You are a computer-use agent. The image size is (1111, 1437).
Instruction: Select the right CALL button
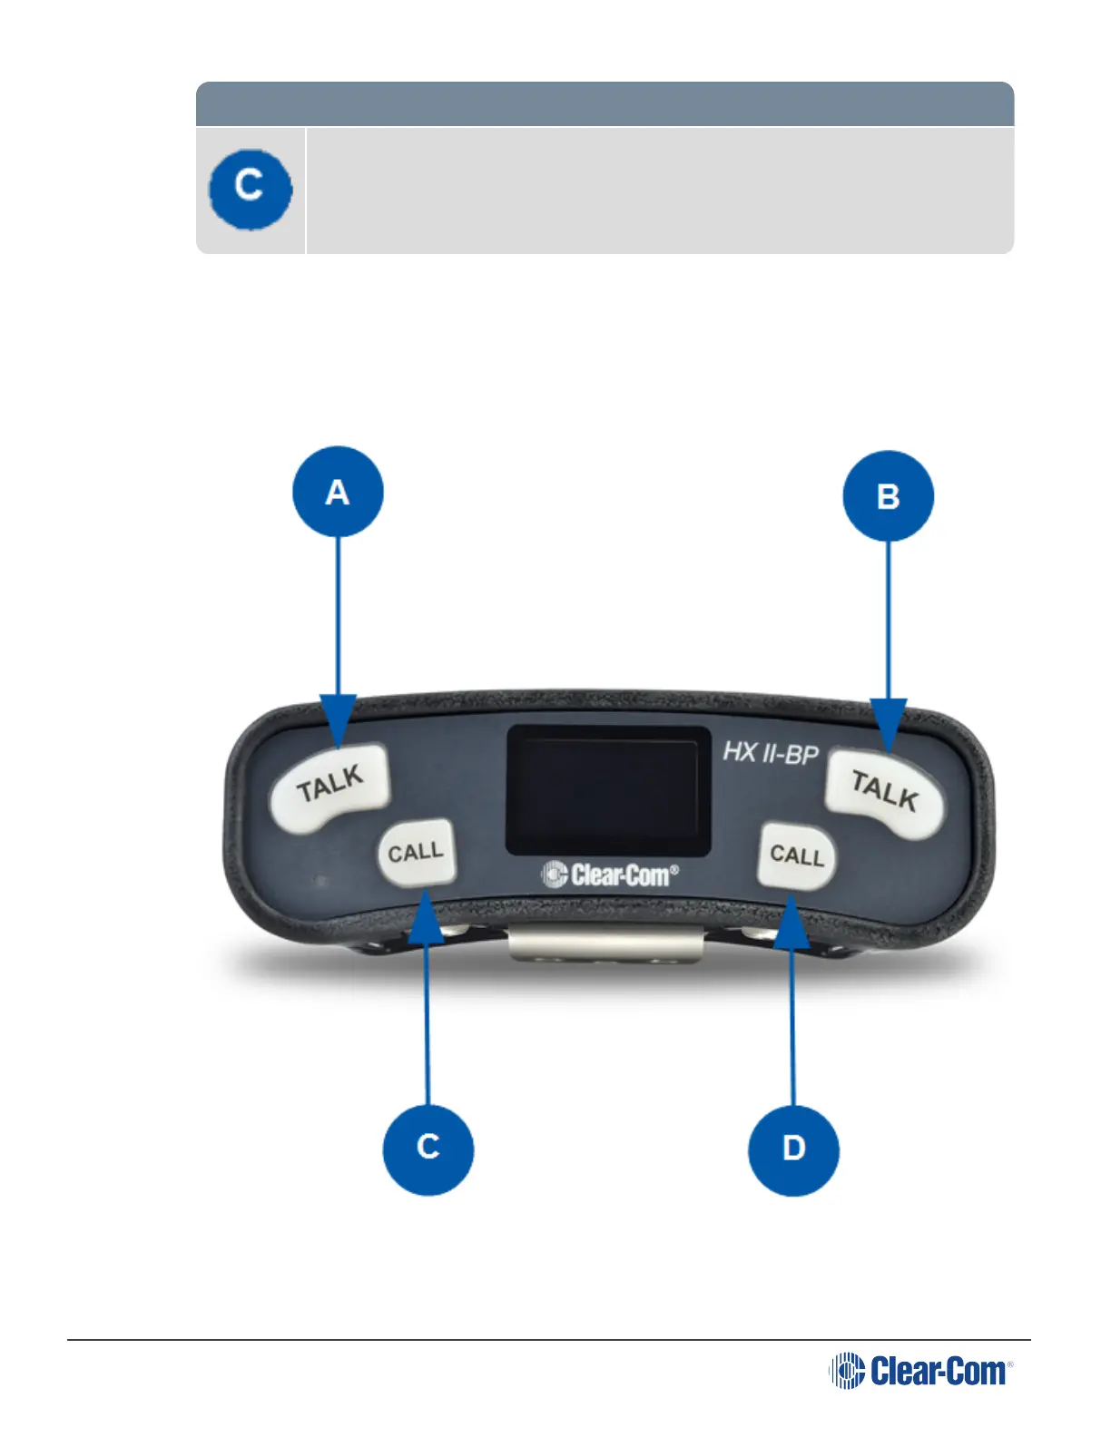coord(796,855)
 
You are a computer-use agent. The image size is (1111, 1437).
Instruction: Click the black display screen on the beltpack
coord(607,789)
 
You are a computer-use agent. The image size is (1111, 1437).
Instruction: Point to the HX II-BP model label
coord(770,753)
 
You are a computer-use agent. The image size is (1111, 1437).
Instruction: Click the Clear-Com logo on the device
coord(609,875)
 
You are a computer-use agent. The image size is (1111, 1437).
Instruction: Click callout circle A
coord(338,492)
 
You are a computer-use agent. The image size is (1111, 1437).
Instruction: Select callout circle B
coord(888,496)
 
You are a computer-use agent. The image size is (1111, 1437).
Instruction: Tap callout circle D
coord(793,1149)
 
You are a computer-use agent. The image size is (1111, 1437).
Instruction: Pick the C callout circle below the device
coord(428,1148)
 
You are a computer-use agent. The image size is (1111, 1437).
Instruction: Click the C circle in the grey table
coord(250,189)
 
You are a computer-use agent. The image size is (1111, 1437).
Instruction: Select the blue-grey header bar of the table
coord(605,103)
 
